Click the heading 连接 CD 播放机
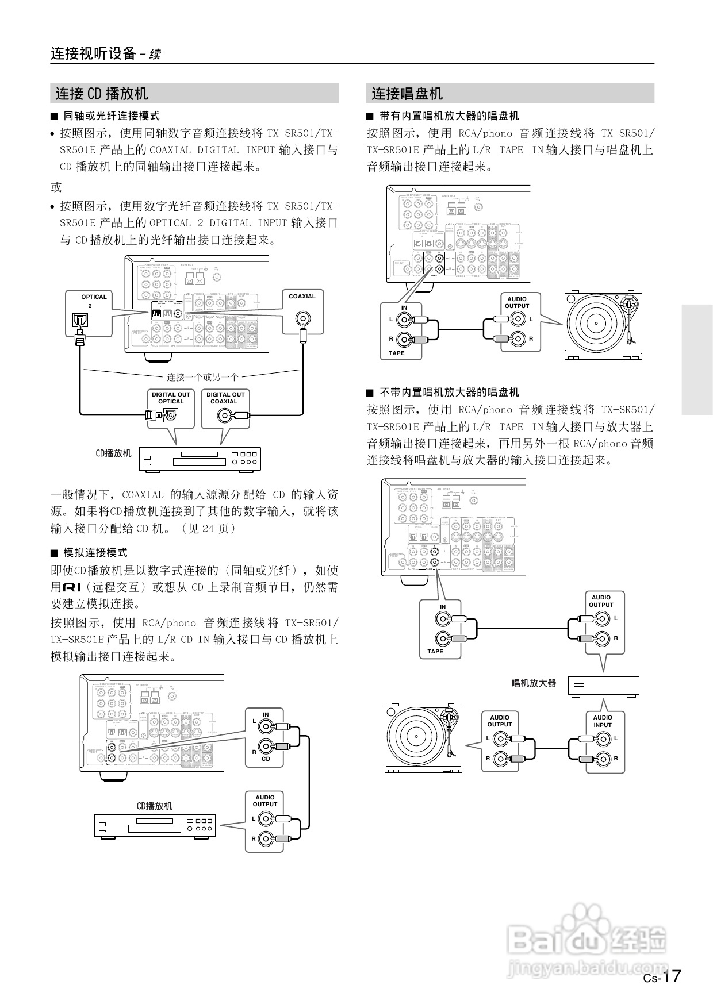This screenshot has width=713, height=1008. [102, 93]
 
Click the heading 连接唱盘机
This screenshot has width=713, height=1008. [407, 93]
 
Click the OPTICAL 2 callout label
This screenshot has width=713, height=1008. [94, 301]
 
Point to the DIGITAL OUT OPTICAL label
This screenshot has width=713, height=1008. [171, 398]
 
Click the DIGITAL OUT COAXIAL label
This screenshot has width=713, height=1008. [225, 398]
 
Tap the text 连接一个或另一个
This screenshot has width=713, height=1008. [202, 377]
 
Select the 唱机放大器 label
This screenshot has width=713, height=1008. [534, 683]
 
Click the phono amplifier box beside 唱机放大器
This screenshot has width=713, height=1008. [603, 686]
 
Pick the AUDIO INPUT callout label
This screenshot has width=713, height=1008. [602, 721]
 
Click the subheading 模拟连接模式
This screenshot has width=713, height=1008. [95, 553]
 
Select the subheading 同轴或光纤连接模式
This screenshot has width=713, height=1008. [111, 116]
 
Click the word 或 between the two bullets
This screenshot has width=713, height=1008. [56, 187]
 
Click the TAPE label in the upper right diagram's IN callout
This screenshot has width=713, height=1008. [396, 353]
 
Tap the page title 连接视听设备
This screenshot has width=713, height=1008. [93, 53]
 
